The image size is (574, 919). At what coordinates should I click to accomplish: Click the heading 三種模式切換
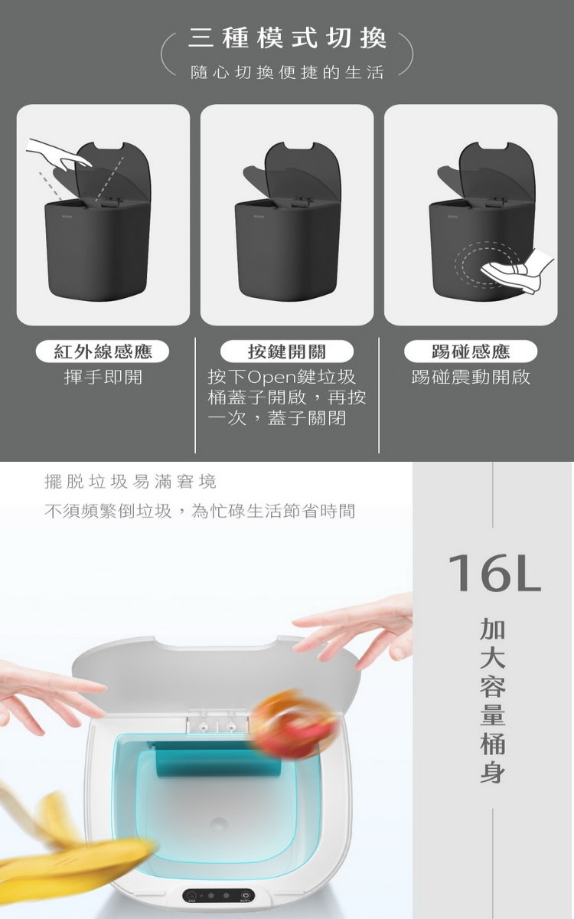[x=287, y=38]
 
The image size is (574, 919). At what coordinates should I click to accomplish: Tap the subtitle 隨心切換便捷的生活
[x=287, y=73]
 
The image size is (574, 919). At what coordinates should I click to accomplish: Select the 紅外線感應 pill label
[x=103, y=352]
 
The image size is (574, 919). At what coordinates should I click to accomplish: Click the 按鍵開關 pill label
[x=287, y=352]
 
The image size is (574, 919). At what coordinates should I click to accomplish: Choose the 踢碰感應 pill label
[x=471, y=352]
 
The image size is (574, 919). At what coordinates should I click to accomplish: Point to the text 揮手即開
[x=103, y=377]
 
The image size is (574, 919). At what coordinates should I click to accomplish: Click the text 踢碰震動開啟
[x=471, y=377]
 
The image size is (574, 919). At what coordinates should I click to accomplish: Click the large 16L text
[x=494, y=573]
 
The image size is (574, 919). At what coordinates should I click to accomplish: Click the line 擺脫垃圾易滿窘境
[x=130, y=482]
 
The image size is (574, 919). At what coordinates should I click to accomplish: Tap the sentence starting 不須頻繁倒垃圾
[x=200, y=512]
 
